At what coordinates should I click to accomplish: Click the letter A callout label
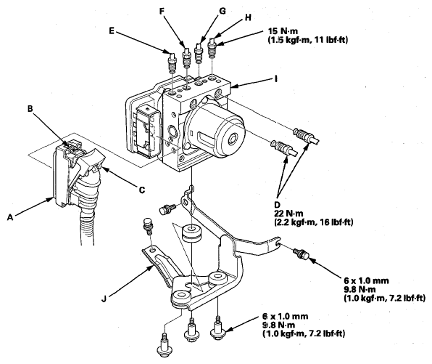[10, 217]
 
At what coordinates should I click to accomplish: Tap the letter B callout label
[30, 109]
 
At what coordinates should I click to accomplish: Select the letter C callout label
[142, 190]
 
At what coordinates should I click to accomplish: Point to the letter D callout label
[277, 205]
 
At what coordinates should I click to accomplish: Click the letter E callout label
[112, 31]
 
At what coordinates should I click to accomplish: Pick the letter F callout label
[162, 11]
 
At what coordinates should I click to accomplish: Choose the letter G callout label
[222, 11]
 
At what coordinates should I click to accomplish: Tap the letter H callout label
[248, 17]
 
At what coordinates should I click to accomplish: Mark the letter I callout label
[275, 79]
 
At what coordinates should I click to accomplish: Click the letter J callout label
[104, 299]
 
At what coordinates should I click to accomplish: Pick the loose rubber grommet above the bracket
[191, 234]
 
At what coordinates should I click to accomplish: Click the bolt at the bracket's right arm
[301, 254]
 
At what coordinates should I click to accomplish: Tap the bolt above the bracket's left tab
[148, 227]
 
